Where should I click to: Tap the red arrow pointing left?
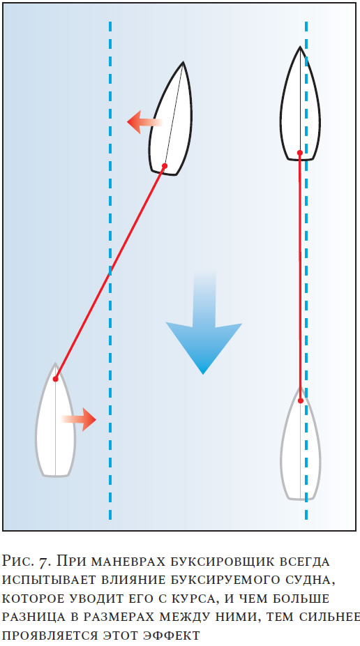(144, 122)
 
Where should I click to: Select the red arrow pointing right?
(79, 419)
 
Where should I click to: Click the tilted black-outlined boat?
(171, 119)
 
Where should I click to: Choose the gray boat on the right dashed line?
(300, 445)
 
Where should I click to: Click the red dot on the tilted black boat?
(165, 166)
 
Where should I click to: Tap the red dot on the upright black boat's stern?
(300, 153)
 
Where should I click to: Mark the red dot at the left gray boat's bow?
(55, 379)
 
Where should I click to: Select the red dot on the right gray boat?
(301, 400)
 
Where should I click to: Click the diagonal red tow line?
(110, 272)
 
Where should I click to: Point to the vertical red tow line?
(300, 276)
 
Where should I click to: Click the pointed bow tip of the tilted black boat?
(183, 62)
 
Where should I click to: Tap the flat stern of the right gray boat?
(300, 499)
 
